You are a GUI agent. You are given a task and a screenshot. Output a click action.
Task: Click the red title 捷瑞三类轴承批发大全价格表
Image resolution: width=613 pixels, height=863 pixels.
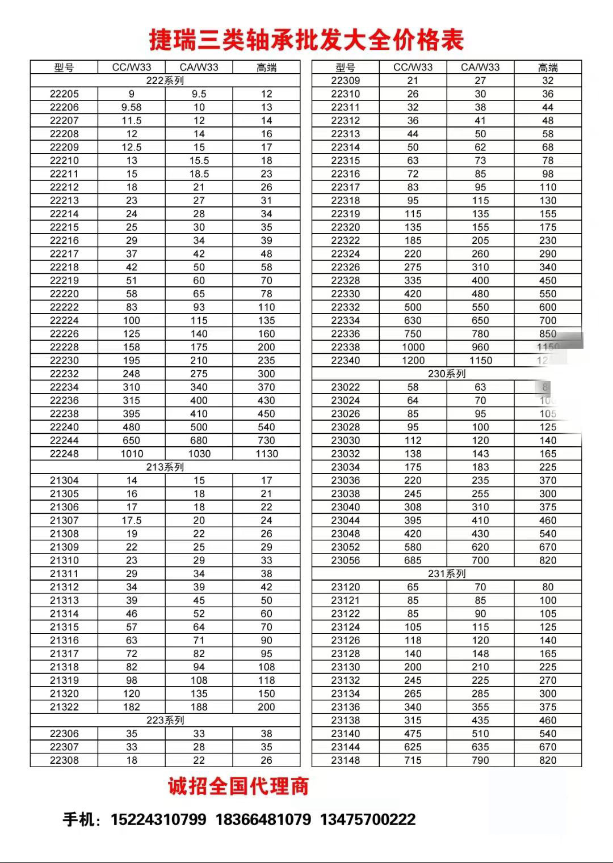click(x=306, y=40)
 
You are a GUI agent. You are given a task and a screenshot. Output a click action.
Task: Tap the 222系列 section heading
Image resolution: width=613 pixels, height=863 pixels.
click(x=165, y=81)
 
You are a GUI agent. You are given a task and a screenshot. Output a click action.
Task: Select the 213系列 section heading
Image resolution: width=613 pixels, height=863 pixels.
click(x=165, y=467)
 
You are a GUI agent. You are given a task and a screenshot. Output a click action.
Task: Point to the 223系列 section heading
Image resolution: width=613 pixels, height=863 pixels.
click(x=165, y=720)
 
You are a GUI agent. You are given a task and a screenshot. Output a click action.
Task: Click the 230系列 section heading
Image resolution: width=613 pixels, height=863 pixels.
click(x=447, y=374)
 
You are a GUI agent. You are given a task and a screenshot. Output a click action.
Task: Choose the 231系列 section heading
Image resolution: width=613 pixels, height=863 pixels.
click(x=447, y=574)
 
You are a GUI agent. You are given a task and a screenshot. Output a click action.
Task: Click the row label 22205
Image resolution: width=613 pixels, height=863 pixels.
click(x=64, y=94)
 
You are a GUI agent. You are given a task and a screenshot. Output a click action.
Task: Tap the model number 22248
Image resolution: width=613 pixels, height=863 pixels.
click(x=64, y=454)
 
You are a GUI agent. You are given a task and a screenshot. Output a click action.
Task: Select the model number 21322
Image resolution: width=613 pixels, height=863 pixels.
click(x=64, y=707)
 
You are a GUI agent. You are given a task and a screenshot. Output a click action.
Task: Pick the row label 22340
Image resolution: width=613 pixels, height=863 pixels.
click(x=345, y=361)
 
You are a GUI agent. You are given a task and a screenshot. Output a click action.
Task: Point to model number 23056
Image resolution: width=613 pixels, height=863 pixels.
click(x=345, y=560)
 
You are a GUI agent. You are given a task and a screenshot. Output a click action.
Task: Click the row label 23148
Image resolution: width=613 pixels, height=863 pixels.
click(x=345, y=760)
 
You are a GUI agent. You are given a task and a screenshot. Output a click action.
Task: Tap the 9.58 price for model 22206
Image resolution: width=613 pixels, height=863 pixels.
click(x=131, y=107)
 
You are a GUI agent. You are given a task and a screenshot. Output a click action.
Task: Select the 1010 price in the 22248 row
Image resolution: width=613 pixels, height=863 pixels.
click(x=131, y=454)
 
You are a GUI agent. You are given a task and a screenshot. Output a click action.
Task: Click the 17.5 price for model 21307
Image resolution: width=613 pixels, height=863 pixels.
click(x=131, y=521)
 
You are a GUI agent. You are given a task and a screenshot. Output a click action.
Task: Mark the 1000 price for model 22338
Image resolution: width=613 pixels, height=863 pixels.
click(x=413, y=347)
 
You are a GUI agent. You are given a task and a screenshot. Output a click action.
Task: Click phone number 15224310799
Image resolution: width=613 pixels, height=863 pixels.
click(x=158, y=819)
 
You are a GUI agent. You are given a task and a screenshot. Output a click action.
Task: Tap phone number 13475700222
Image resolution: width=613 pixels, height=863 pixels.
click(x=368, y=819)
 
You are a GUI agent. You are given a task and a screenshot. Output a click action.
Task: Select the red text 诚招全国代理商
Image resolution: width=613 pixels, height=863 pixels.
click(x=238, y=786)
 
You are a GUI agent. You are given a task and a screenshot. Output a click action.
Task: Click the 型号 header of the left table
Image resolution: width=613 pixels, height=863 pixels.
click(x=64, y=67)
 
